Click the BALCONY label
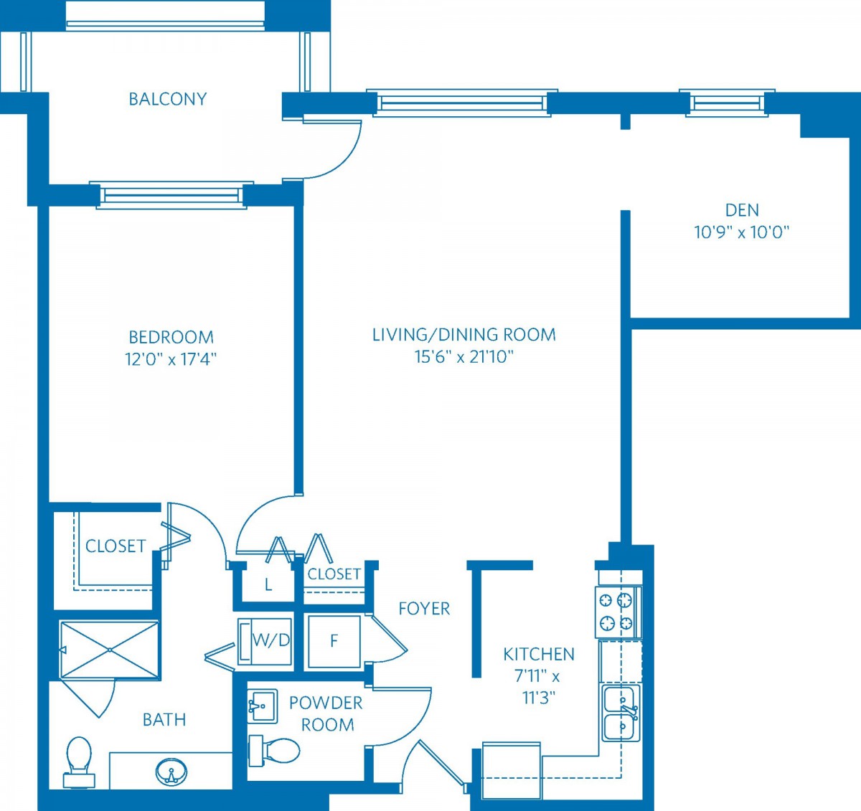tap(168, 99)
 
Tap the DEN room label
tap(742, 210)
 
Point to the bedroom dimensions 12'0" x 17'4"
tap(171, 359)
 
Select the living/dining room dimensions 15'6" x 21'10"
tap(464, 356)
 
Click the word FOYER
tap(424, 609)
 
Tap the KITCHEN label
tap(539, 655)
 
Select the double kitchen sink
tap(621, 713)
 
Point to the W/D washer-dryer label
tap(271, 640)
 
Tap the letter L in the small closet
tap(268, 586)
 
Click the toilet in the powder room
tap(274, 751)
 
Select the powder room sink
tap(263, 706)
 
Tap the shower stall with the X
tap(110, 650)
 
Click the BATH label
tap(164, 720)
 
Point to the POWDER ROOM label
tap(326, 713)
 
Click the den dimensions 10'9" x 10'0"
tap(741, 233)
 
